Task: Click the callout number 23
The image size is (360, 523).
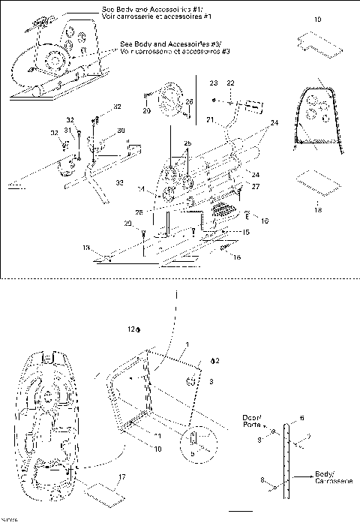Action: pyautogui.click(x=213, y=83)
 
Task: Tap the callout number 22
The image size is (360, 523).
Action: pyautogui.click(x=231, y=83)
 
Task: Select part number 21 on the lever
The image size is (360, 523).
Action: pyautogui.click(x=211, y=119)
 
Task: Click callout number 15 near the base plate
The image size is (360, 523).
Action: pyautogui.click(x=245, y=232)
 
